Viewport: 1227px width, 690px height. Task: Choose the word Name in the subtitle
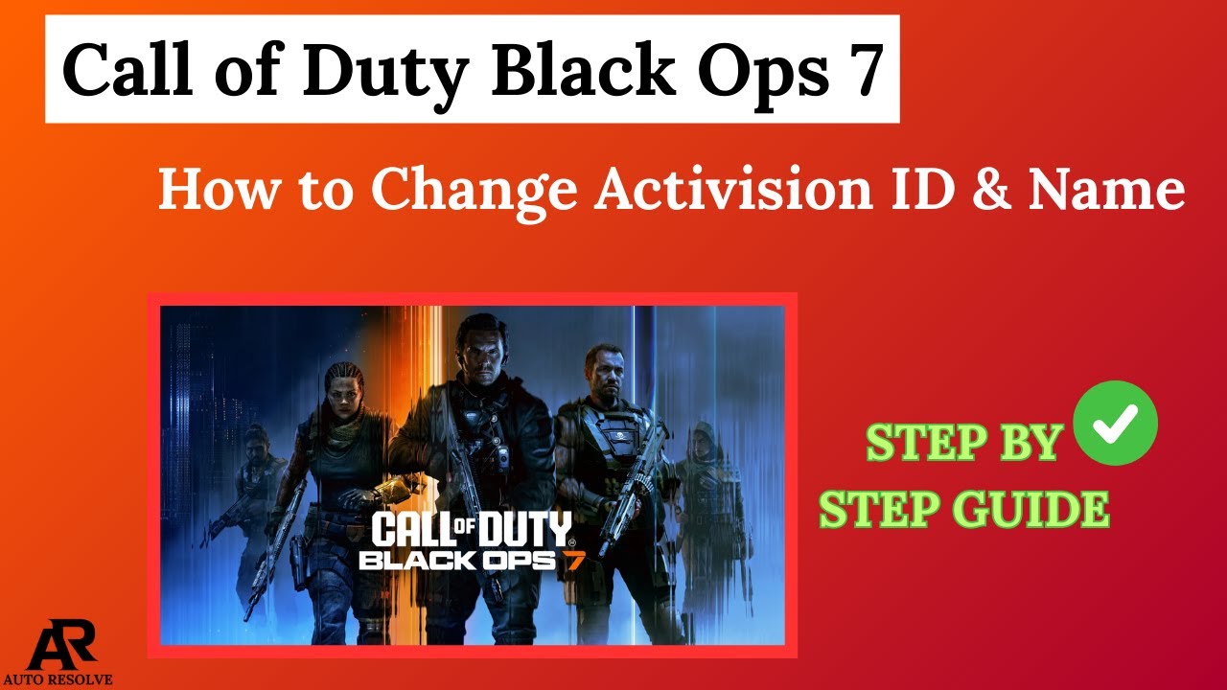1106,189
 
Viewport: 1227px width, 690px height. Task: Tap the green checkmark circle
1116,423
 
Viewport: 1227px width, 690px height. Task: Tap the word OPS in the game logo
519,560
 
